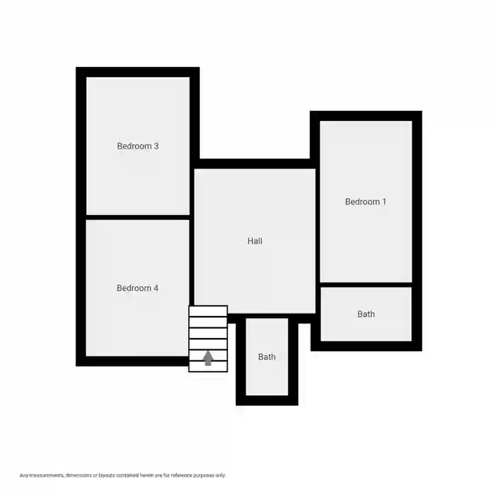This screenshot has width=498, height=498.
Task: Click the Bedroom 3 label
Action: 137,146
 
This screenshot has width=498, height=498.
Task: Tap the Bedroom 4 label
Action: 137,288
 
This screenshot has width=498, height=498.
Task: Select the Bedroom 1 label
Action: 365,202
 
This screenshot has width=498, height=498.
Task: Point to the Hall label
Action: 255,241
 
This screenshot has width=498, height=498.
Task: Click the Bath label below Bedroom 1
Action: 366,314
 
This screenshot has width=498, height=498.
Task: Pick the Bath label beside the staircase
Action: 267,357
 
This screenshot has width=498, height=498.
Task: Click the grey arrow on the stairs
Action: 208,358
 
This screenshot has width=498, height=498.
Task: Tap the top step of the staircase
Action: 208,311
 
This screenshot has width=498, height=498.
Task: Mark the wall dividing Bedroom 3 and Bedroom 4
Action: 138,217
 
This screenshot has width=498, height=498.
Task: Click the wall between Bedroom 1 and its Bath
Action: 366,285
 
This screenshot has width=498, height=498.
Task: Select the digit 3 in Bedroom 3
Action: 156,146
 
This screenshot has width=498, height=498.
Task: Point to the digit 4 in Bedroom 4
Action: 156,288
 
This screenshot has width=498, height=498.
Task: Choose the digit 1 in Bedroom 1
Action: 384,202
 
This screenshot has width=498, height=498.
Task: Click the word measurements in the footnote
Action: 46,475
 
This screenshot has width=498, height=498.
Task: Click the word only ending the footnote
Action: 220,475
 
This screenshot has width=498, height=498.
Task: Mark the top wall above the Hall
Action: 255,163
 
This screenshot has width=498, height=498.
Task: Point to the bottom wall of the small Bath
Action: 267,400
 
